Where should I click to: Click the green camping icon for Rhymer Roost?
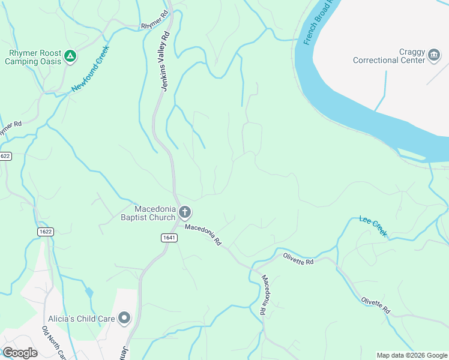click(70, 56)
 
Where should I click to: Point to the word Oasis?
click(46, 61)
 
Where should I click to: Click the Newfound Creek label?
click(91, 69)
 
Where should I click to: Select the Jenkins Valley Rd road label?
click(166, 59)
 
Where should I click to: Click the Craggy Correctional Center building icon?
click(434, 56)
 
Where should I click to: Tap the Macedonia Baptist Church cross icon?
click(185, 212)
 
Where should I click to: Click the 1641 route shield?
click(169, 238)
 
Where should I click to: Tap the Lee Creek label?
click(373, 226)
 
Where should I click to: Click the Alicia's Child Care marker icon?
click(124, 318)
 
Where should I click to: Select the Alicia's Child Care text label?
click(82, 319)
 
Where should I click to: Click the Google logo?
click(20, 353)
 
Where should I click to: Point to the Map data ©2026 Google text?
click(411, 355)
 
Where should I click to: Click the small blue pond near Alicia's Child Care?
click(89, 292)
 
